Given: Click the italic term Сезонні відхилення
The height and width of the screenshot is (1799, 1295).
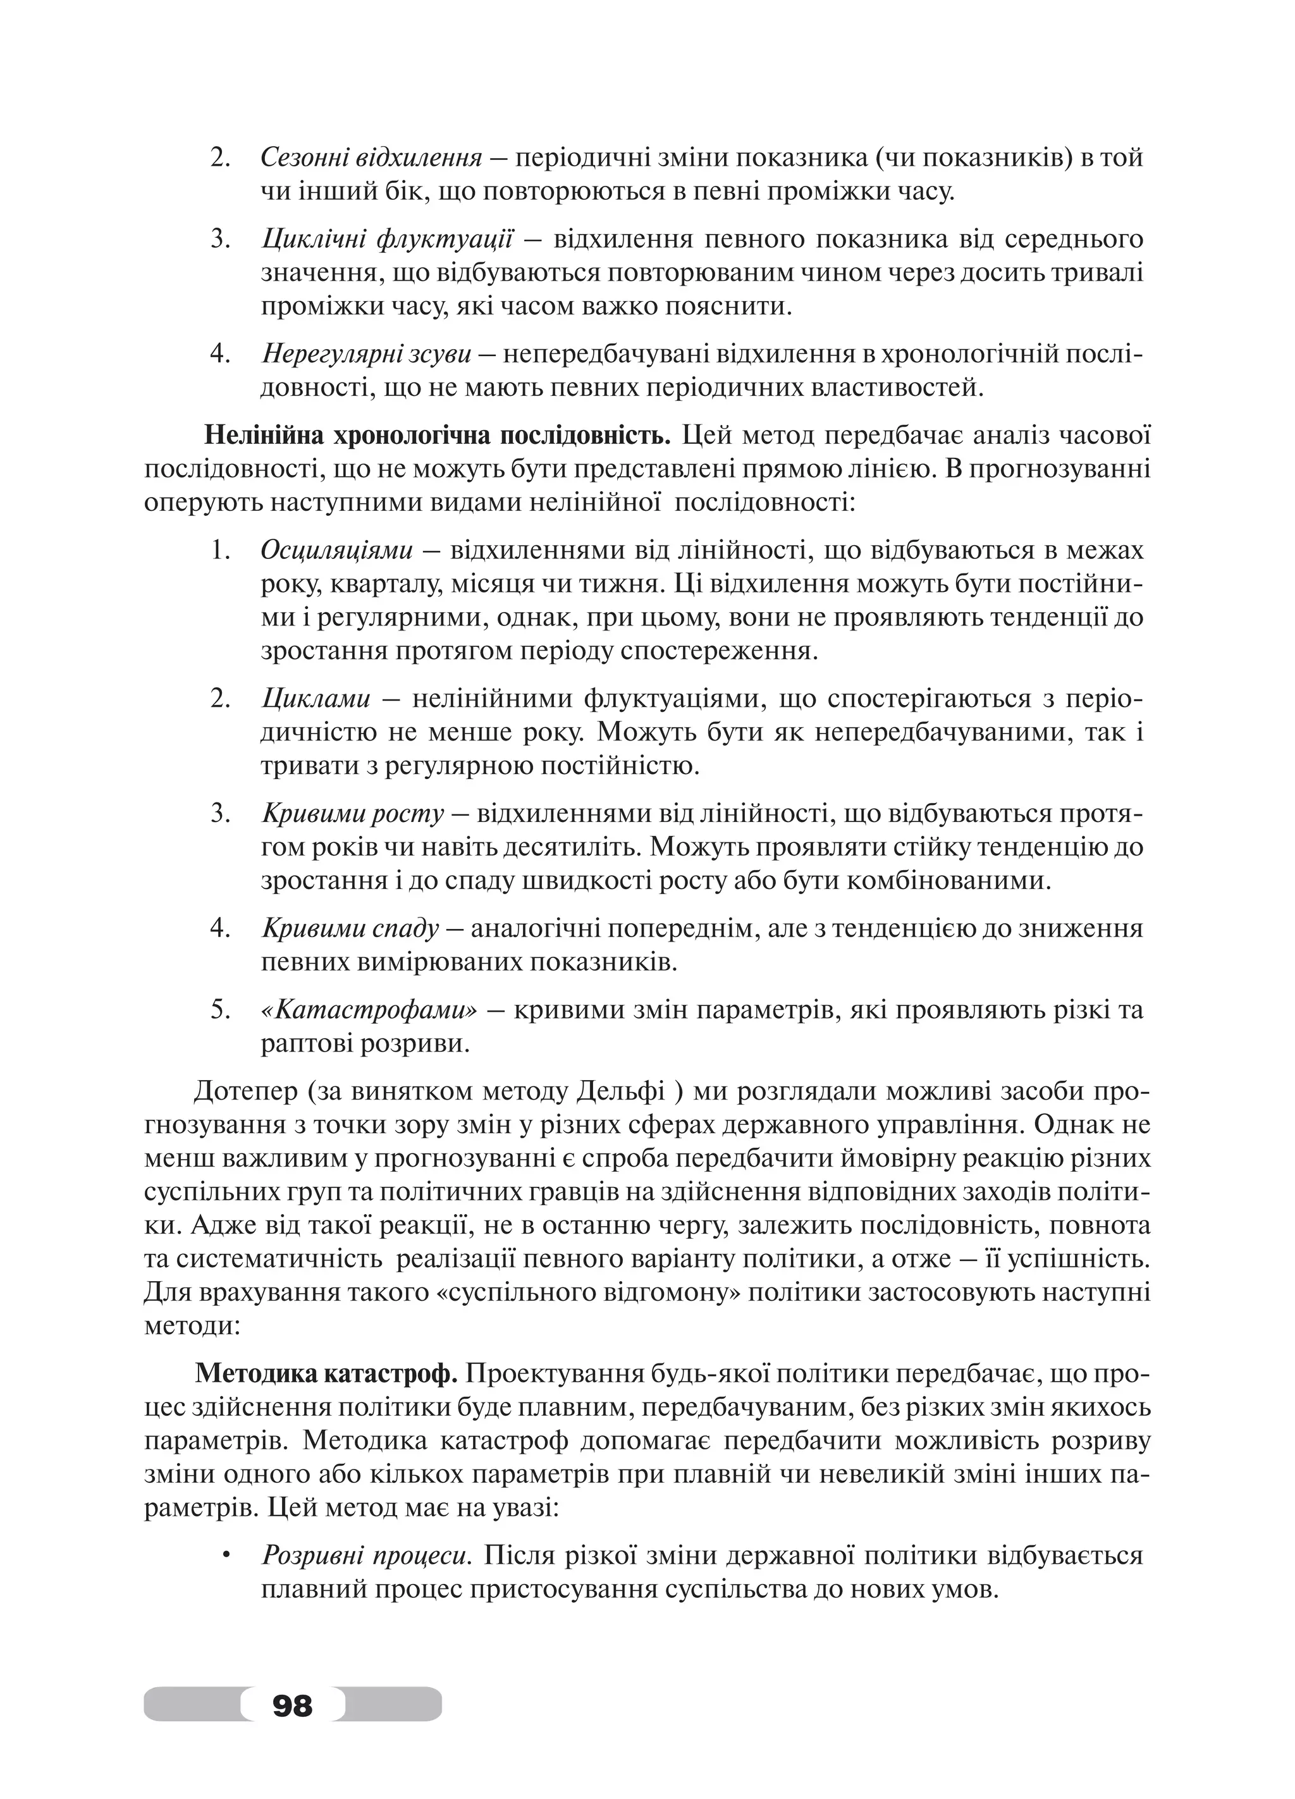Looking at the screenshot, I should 371,158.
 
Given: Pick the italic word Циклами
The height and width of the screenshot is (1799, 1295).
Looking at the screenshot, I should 316,699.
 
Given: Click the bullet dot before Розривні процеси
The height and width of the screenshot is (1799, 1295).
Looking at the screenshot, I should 226,1556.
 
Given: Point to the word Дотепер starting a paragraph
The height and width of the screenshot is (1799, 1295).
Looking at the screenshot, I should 245,1092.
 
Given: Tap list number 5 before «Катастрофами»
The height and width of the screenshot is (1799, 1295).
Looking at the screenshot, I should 219,1010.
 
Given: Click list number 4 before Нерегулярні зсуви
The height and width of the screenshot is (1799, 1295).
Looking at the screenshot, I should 219,353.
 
